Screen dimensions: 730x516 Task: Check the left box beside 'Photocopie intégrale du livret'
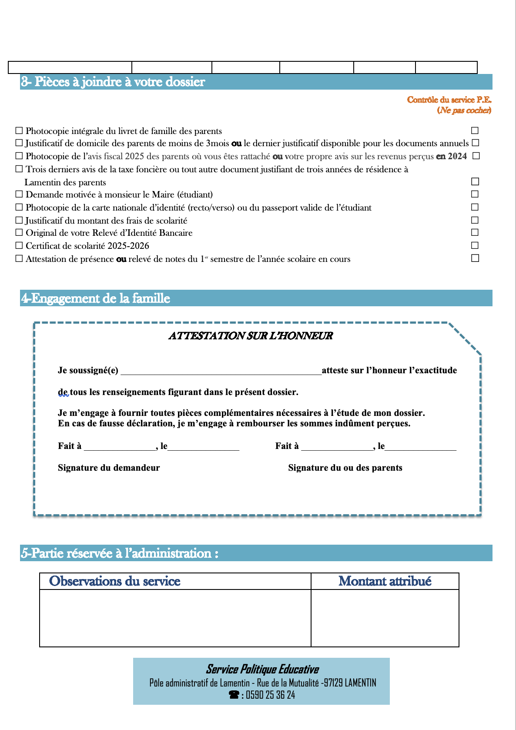[19, 131]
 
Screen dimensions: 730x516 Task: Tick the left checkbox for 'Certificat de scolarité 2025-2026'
[19, 245]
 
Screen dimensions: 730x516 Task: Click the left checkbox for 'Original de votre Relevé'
[19, 233]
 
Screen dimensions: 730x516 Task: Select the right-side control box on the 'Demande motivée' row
[475, 194]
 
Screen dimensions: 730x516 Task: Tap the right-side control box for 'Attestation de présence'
[475, 258]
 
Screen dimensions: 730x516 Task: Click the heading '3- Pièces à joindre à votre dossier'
[113, 82]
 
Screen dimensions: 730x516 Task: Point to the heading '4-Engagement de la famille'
[96, 298]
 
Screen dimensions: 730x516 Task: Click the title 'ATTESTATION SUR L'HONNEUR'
[251, 336]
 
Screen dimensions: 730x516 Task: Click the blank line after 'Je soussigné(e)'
[221, 371]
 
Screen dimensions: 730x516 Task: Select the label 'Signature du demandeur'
[109, 468]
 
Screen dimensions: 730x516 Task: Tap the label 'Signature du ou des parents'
[345, 468]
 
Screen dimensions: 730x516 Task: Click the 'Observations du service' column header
[115, 581]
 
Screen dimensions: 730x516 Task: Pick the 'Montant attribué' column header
[385, 581]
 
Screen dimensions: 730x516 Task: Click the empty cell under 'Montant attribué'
[385, 618]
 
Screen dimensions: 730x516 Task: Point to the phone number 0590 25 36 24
[270, 695]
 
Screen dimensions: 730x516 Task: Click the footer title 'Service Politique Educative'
[262, 669]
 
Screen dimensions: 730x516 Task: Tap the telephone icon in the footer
[234, 695]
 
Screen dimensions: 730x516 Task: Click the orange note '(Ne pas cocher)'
[464, 111]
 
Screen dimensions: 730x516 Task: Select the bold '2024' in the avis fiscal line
[457, 156]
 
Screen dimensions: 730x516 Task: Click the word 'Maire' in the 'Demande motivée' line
[163, 194]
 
